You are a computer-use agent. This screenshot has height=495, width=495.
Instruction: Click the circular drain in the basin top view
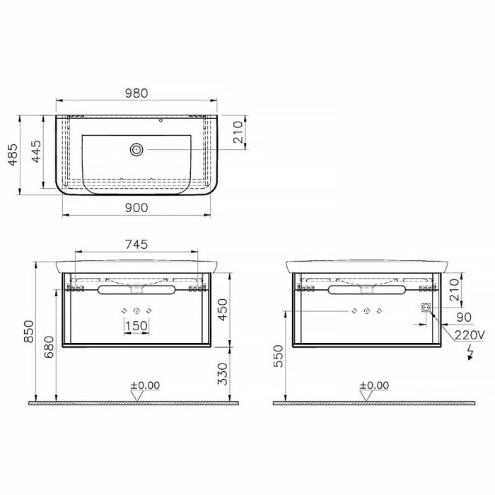136,149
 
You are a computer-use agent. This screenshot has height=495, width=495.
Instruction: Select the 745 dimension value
136,245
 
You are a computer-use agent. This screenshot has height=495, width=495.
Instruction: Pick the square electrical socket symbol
426,308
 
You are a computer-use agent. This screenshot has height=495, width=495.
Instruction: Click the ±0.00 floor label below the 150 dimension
145,385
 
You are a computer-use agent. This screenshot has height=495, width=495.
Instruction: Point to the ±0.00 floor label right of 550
374,385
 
